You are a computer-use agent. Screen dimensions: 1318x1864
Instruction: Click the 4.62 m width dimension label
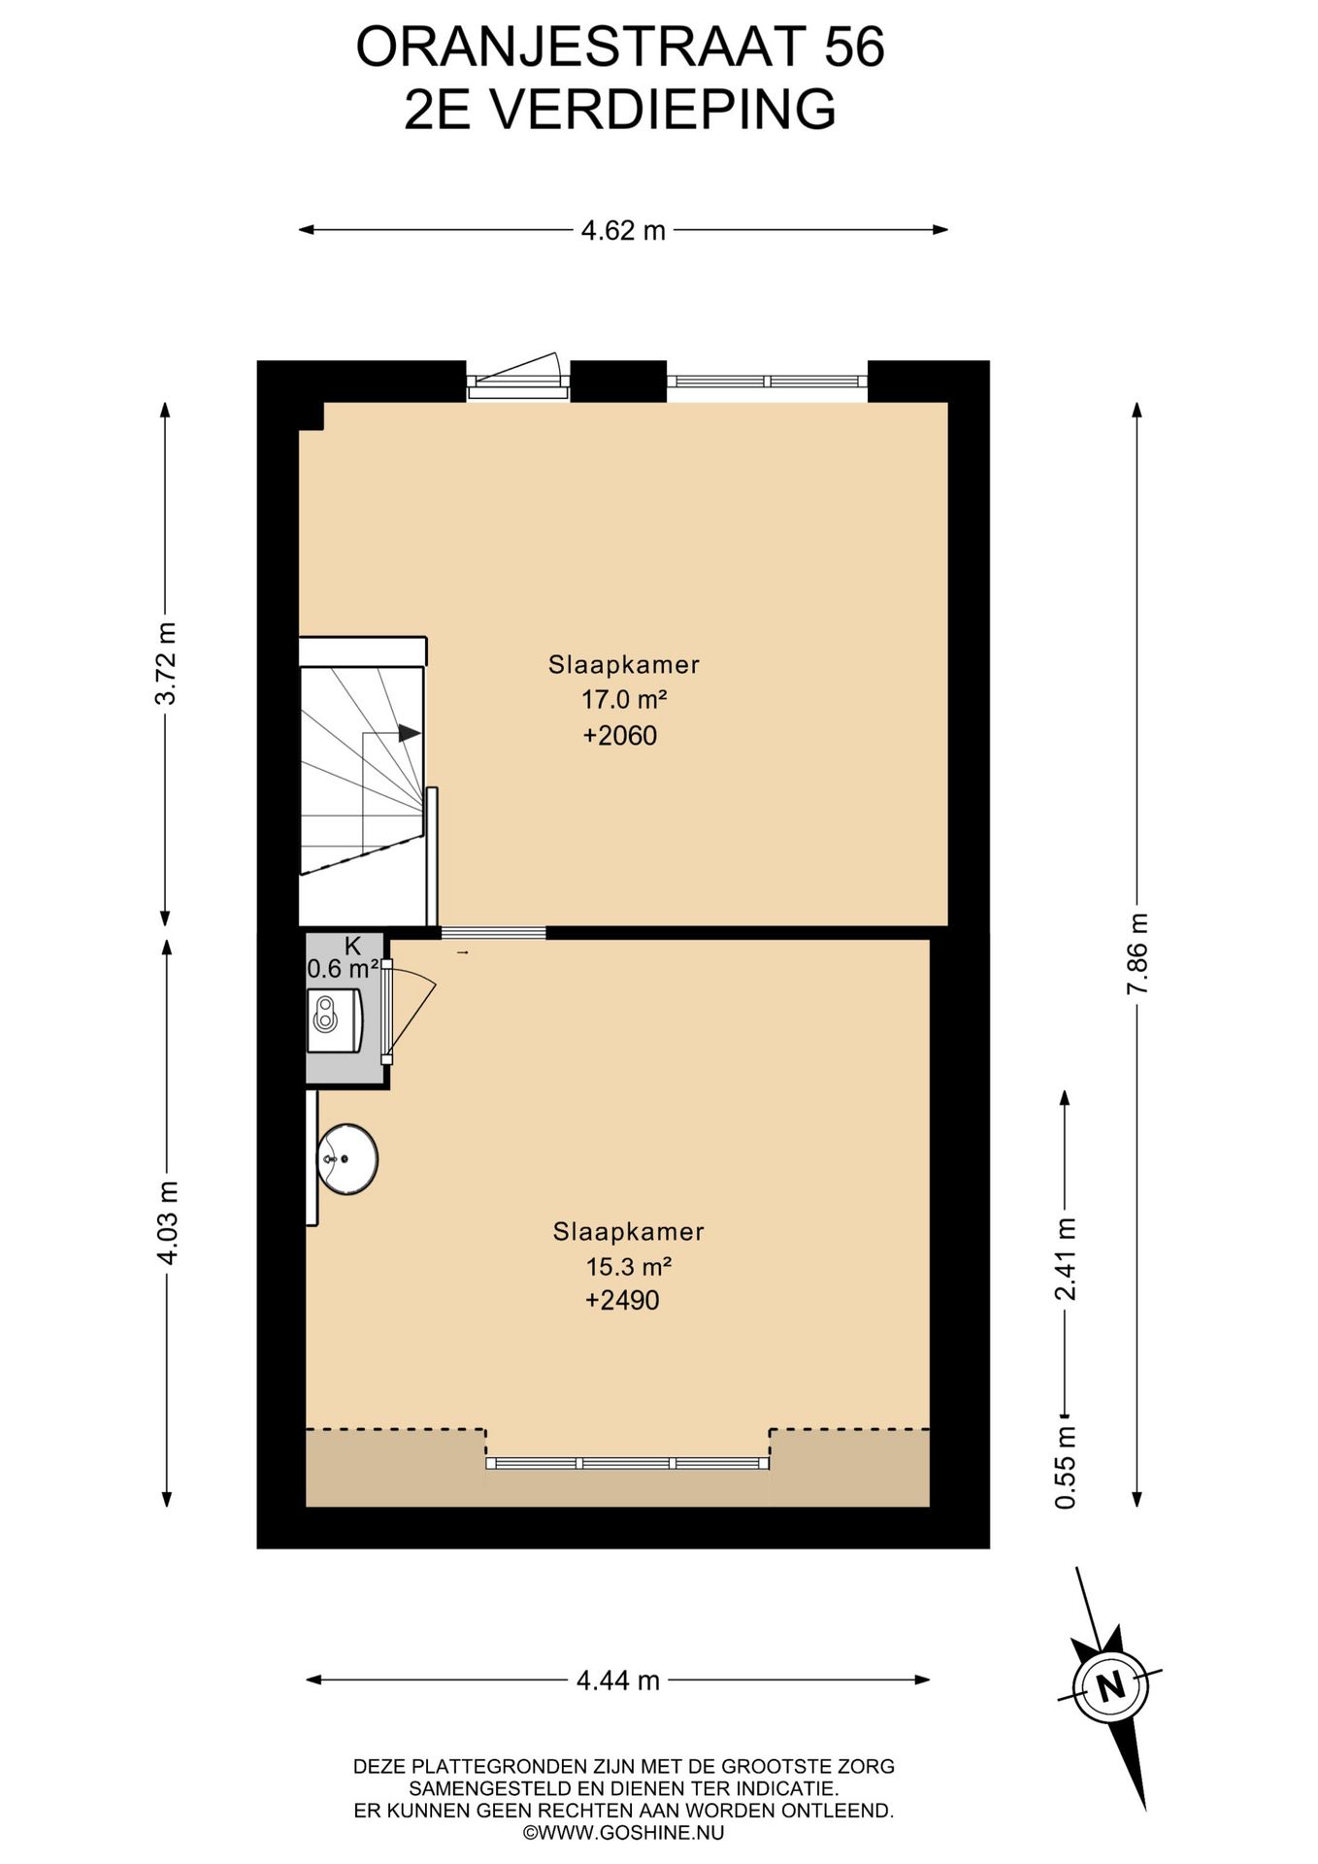coord(623,230)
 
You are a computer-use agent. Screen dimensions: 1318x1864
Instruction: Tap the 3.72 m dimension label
coord(167,662)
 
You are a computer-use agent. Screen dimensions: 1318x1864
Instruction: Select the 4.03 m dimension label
coord(167,1222)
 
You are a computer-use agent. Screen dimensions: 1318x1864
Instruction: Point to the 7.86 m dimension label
coord(1137,953)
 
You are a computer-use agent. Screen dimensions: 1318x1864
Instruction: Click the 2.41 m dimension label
coord(1066,1258)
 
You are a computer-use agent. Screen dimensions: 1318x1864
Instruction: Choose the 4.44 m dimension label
coord(618,1680)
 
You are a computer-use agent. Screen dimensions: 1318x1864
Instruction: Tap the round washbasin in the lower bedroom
coord(347,1159)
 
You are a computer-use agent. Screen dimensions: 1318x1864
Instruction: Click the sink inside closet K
coord(335,1020)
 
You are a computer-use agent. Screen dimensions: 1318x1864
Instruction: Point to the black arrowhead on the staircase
coord(410,733)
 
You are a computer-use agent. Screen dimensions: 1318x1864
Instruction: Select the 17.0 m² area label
coord(624,699)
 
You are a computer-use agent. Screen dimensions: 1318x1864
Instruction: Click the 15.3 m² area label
coord(629,1266)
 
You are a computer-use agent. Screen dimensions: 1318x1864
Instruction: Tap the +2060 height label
coord(620,735)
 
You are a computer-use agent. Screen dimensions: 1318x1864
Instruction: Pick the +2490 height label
coord(622,1300)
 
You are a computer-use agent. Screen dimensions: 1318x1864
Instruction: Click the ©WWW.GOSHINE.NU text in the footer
coord(623,1833)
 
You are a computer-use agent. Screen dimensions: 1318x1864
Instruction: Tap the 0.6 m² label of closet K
coord(343,968)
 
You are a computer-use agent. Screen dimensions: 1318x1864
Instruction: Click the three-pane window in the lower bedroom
coord(627,1462)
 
